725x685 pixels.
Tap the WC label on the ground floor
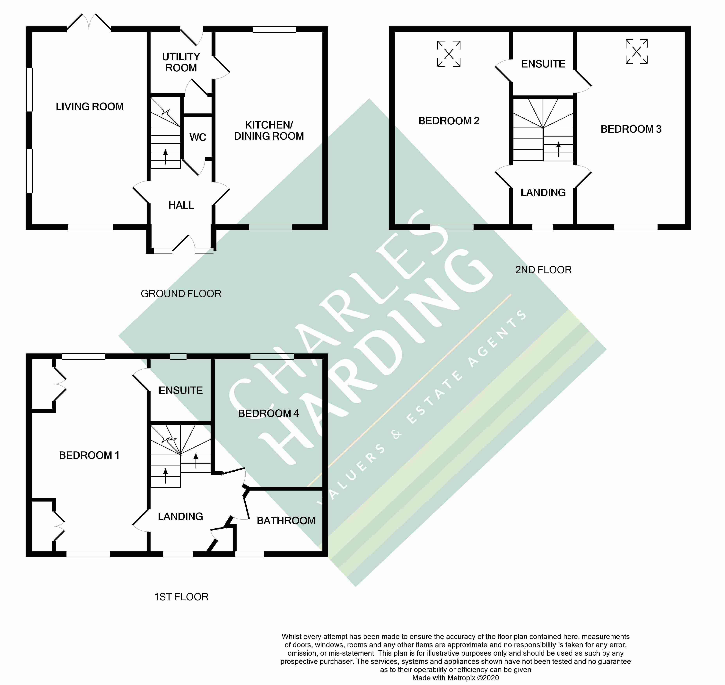pos(198,137)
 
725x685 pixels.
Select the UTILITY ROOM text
pos(181,62)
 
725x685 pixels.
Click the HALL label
pos(181,205)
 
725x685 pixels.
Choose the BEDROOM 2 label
pos(449,121)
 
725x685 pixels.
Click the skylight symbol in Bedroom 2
pos(449,54)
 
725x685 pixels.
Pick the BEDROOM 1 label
pos(89,455)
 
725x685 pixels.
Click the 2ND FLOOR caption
pos(543,270)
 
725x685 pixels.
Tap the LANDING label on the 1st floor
pos(180,516)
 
